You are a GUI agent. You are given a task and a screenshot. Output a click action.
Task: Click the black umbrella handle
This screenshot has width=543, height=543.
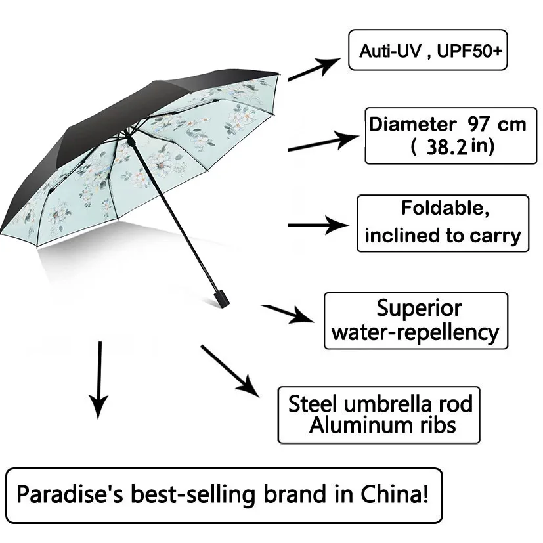click(x=221, y=298)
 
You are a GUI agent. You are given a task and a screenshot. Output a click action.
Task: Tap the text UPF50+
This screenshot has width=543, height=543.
click(x=469, y=51)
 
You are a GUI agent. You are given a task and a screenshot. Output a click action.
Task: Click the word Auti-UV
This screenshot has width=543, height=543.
click(x=390, y=51)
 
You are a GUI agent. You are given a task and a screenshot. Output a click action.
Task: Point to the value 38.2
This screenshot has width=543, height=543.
click(x=446, y=147)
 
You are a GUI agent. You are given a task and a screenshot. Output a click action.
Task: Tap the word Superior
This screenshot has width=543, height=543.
click(x=419, y=308)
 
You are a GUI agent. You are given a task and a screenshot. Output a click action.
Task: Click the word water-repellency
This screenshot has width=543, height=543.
click(x=415, y=333)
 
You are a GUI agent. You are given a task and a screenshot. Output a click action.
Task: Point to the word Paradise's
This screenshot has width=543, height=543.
click(x=70, y=494)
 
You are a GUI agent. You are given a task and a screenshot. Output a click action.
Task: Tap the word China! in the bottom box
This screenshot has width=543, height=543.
click(x=395, y=494)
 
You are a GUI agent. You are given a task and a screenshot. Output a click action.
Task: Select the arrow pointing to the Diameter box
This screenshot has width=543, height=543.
click(x=324, y=141)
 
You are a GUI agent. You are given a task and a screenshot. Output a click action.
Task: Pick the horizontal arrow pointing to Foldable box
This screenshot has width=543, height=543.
click(x=318, y=225)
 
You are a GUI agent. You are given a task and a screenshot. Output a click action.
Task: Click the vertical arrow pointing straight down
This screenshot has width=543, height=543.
click(x=99, y=380)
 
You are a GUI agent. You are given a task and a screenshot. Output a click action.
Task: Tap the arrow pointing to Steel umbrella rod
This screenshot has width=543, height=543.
click(x=230, y=371)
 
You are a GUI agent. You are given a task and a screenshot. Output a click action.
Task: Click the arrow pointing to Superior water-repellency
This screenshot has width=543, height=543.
click(x=288, y=313)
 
